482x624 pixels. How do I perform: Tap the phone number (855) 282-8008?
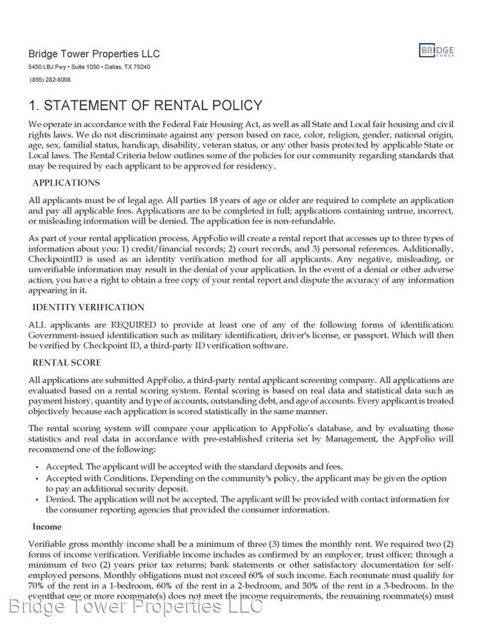[x=50, y=79]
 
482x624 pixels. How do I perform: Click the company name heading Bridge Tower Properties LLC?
[x=93, y=54]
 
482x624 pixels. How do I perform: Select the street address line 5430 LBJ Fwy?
[x=89, y=67]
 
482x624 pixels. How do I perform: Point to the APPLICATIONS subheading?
[x=66, y=183]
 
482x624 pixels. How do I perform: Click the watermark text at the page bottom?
[x=136, y=607]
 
